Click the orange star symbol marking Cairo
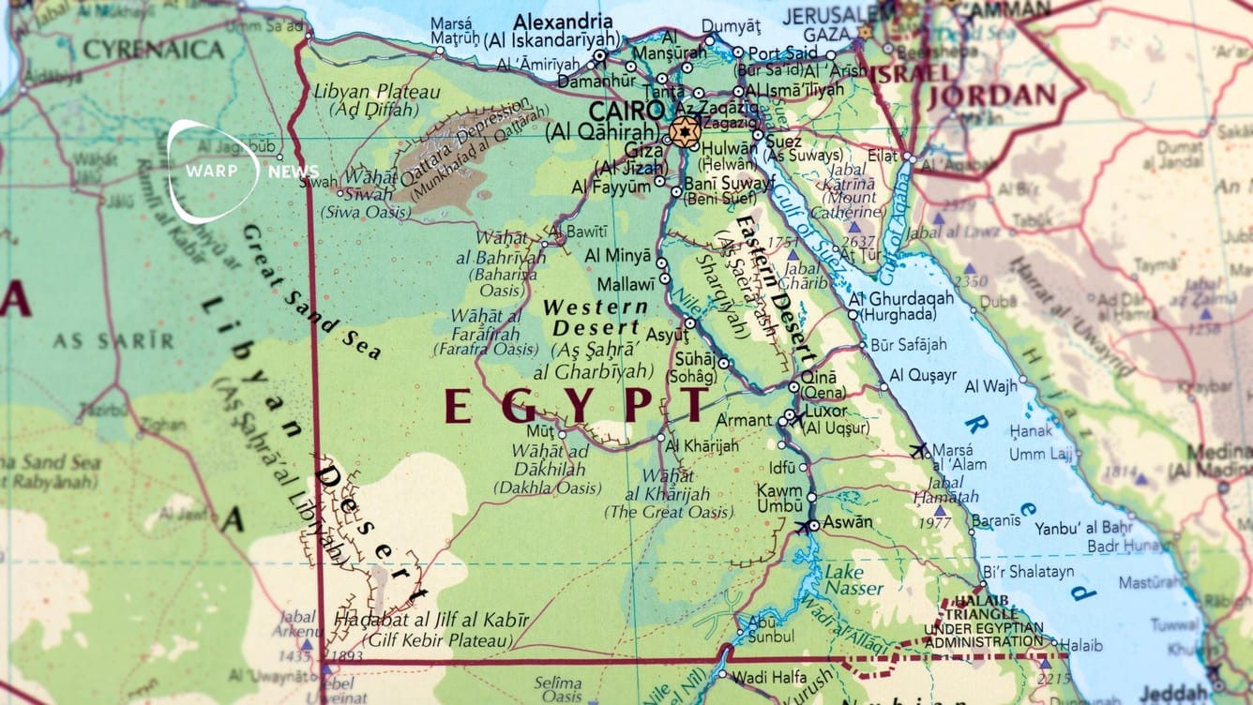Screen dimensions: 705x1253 (x=685, y=132)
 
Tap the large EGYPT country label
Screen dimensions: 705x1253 (x=575, y=406)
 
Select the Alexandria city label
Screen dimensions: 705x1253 (x=561, y=21)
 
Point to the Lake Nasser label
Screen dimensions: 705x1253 (x=853, y=580)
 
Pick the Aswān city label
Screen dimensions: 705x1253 (x=847, y=522)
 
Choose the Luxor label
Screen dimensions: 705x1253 (x=826, y=411)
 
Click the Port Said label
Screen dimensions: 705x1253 (x=777, y=52)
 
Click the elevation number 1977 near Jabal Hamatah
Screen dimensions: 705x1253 (x=934, y=522)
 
